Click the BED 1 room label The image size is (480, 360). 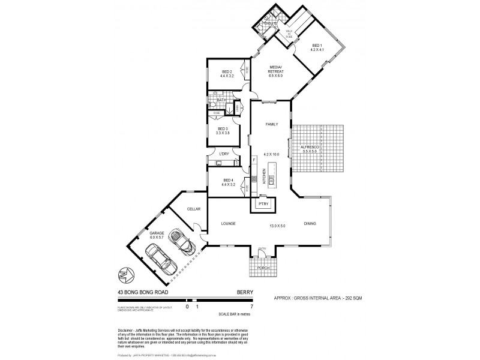(x=317, y=46)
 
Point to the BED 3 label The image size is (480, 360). (x=223, y=129)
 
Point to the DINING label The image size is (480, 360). (x=309, y=224)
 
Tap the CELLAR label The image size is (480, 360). (x=193, y=209)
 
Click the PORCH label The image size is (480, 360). (x=262, y=268)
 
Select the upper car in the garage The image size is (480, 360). (x=180, y=241)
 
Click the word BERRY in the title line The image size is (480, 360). (x=245, y=292)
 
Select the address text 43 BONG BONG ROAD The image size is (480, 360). (x=143, y=292)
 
